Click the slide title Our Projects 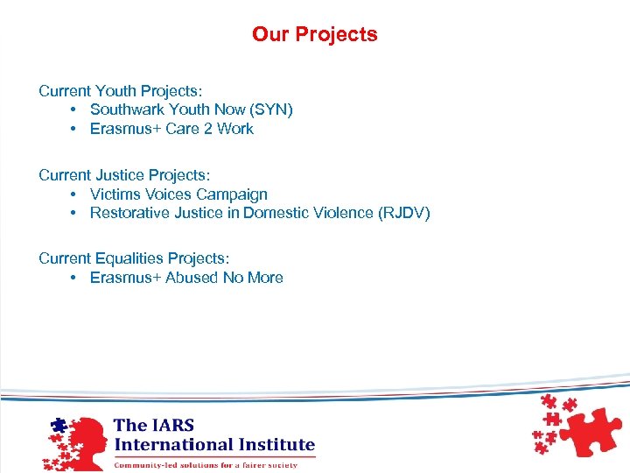[315, 35]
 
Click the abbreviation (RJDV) [403, 214]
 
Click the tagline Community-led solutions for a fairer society [206, 464]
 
